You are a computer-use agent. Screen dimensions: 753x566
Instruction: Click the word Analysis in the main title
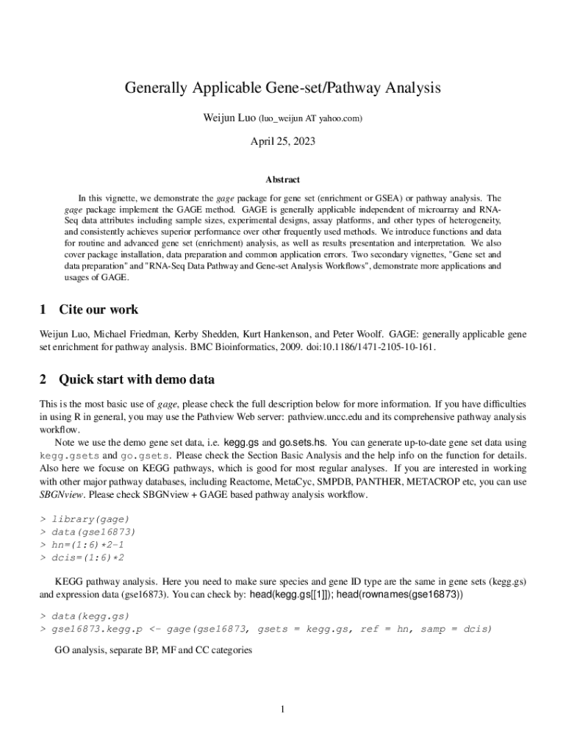pos(406,88)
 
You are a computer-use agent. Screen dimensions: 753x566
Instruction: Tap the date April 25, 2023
pos(282,141)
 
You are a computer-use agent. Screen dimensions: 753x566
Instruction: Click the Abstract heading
pos(282,179)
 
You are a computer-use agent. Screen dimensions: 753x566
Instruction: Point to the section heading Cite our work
pos(98,310)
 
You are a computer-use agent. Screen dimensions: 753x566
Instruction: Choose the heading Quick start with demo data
pos(137,379)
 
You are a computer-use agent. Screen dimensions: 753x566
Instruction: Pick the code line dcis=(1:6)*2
pos(87,557)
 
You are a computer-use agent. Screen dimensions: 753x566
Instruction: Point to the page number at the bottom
pos(282,709)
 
